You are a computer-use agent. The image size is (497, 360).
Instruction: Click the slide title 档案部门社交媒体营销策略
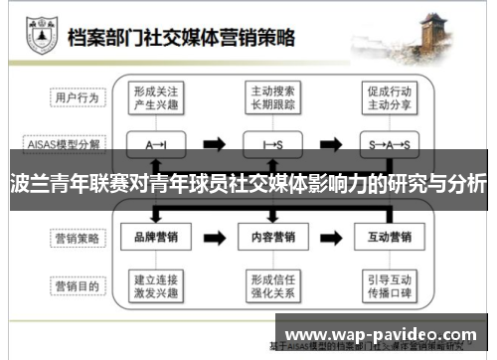coord(181,39)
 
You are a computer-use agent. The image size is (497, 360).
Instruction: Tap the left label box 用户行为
coord(77,97)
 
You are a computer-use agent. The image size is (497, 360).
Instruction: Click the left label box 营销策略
coord(77,238)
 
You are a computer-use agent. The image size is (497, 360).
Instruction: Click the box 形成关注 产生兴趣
coord(155,97)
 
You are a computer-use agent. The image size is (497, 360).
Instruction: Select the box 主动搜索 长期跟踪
coord(273,97)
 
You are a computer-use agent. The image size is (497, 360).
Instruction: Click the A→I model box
coord(155,144)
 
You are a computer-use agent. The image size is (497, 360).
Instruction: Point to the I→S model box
coord(273,144)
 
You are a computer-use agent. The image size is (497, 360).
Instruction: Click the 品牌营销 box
coord(155,238)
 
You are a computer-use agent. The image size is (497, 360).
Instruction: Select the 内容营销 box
coord(273,238)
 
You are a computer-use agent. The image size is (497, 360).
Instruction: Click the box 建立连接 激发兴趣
coord(155,285)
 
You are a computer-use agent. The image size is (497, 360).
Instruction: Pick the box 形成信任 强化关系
coord(273,285)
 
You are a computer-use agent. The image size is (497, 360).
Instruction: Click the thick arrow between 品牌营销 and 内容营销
coord(214,238)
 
